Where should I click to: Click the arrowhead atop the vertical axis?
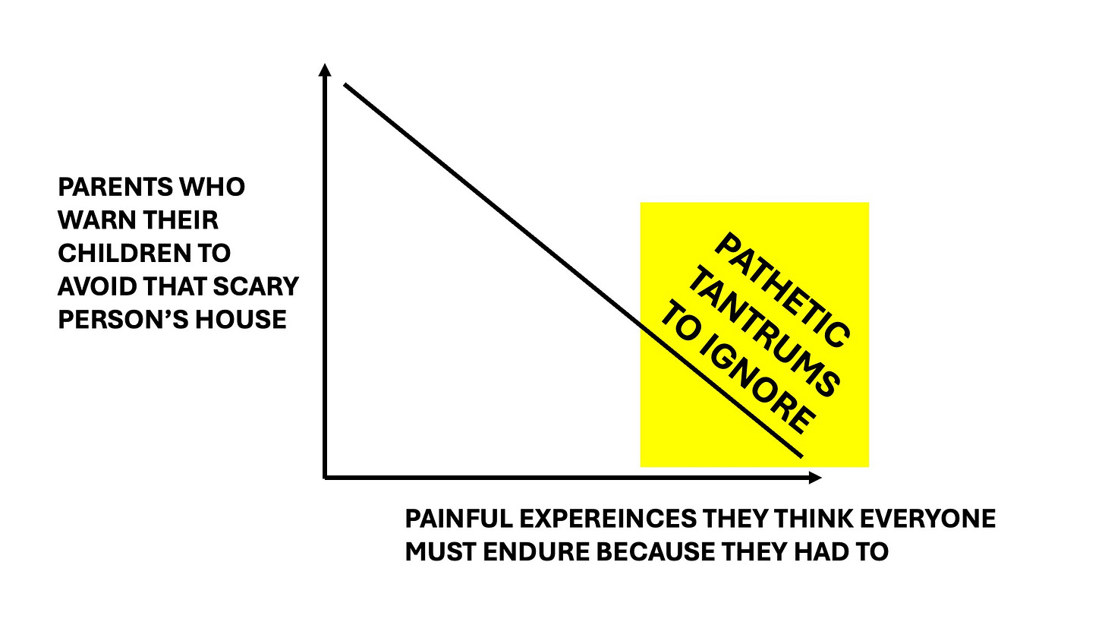coord(325,71)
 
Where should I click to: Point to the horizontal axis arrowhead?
coord(815,478)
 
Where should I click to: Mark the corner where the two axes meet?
coord(326,477)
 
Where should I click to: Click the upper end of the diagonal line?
coord(346,84)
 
